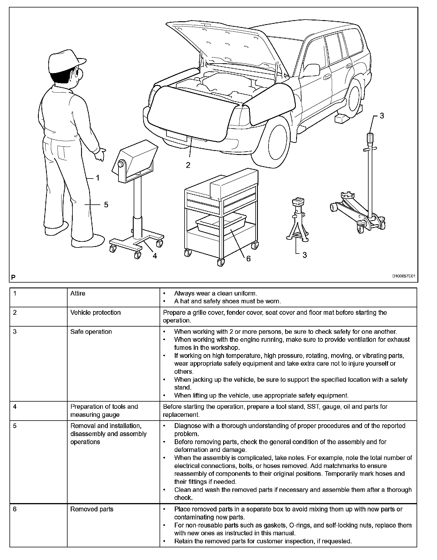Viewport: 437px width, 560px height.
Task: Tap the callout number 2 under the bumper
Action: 188,165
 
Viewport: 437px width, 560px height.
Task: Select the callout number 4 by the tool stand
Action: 155,256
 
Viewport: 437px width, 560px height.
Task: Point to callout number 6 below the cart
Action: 248,259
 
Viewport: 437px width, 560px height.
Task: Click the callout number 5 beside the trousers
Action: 106,205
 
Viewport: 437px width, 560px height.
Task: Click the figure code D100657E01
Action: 404,276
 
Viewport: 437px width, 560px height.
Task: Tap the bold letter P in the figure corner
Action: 13,277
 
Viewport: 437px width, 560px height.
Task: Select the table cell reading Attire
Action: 78,294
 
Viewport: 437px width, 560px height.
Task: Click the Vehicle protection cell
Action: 95,312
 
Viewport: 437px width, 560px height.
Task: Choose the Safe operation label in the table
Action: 91,332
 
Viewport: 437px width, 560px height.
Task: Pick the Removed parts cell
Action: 92,509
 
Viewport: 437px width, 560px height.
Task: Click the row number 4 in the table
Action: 15,407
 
